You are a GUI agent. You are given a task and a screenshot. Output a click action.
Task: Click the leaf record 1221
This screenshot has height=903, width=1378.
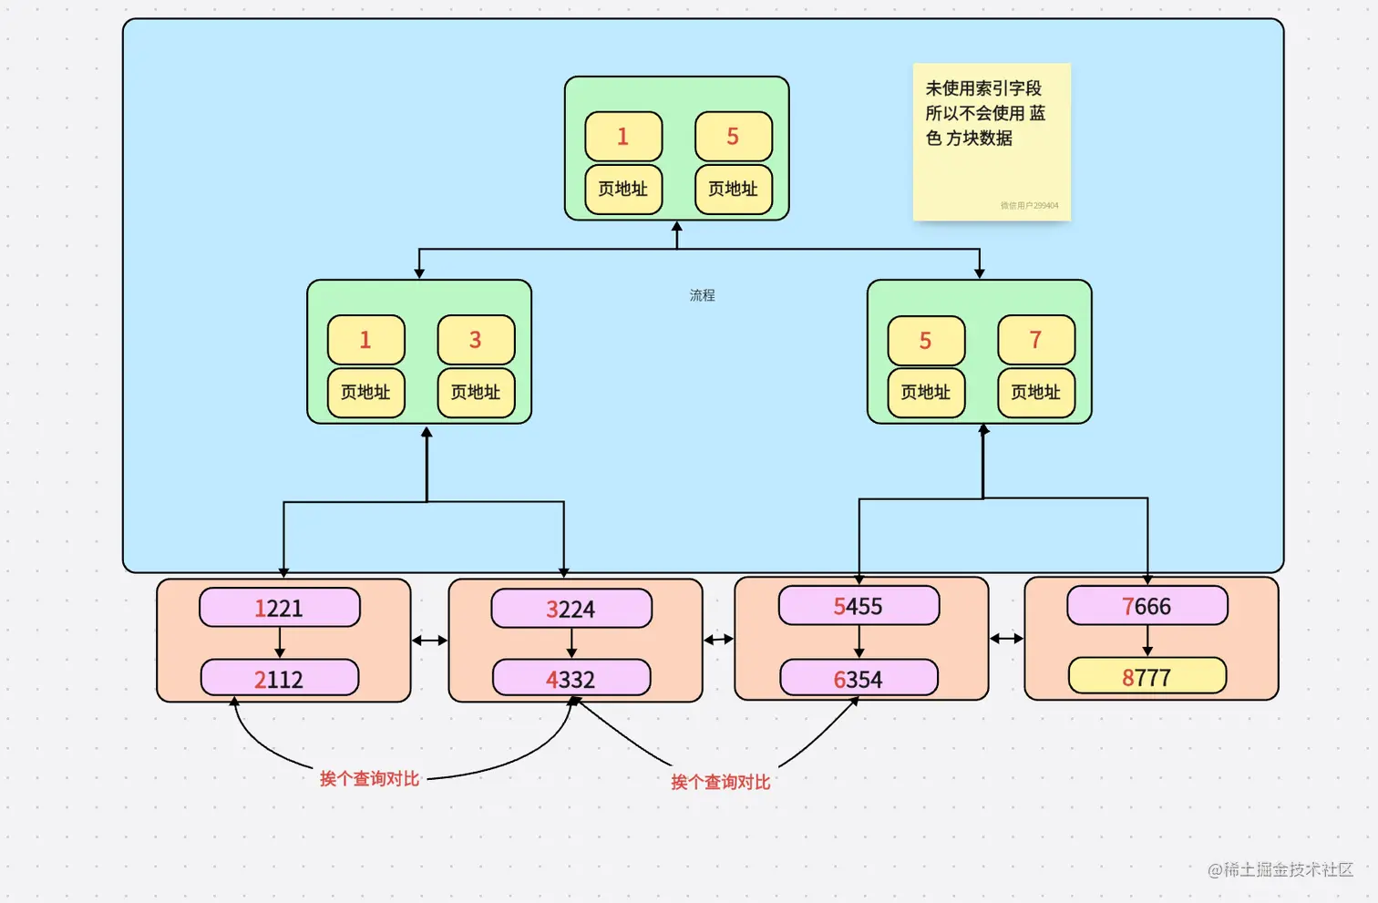click(x=279, y=608)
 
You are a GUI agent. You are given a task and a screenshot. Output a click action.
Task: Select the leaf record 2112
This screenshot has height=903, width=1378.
click(x=279, y=679)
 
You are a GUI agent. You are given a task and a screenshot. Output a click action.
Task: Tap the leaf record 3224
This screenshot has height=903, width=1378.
click(x=571, y=609)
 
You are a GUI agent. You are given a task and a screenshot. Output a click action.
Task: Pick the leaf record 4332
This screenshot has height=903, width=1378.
click(x=571, y=679)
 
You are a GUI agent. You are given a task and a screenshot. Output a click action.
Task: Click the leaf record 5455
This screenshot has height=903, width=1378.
click(x=859, y=606)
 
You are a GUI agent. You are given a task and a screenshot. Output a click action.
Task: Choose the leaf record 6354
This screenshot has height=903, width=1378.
click(x=859, y=679)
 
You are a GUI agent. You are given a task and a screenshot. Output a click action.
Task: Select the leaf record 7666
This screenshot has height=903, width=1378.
click(x=1147, y=606)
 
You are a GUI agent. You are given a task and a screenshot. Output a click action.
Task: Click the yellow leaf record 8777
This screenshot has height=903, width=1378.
click(x=1147, y=677)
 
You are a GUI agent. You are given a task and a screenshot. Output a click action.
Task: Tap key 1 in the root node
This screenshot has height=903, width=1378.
click(x=623, y=137)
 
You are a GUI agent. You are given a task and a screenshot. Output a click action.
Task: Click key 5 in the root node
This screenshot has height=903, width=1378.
click(x=733, y=137)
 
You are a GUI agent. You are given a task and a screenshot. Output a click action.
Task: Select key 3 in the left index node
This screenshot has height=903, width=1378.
click(x=476, y=340)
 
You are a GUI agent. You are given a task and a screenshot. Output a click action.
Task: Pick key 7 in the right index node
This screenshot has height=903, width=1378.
click(x=1036, y=340)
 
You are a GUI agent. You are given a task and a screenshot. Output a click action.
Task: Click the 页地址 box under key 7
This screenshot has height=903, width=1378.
click(x=1036, y=393)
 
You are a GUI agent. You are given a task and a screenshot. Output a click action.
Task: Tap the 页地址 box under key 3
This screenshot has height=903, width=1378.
click(x=476, y=393)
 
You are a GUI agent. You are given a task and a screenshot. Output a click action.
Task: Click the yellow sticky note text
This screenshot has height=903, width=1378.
click(x=985, y=114)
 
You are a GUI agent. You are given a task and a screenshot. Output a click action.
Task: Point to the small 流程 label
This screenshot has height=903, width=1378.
click(x=702, y=295)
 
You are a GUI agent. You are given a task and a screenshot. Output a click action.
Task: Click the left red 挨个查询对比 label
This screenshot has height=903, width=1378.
click(x=369, y=779)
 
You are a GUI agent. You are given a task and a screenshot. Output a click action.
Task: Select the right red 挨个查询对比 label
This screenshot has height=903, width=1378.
click(x=720, y=783)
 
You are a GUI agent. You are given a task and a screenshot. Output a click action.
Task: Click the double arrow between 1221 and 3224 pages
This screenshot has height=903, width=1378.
click(x=429, y=641)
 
